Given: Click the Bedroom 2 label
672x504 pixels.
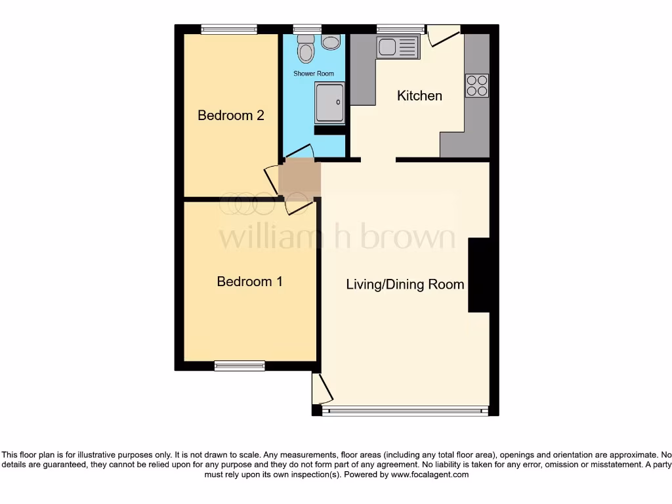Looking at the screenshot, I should click(x=231, y=115).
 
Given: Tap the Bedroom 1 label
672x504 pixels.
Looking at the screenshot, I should click(x=249, y=282).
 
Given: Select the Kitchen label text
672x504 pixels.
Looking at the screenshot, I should click(x=419, y=96).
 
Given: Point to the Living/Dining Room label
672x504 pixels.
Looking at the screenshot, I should click(x=405, y=284).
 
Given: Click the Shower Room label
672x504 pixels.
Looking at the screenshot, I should click(x=313, y=73).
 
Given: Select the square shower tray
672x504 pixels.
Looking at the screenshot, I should click(x=329, y=102).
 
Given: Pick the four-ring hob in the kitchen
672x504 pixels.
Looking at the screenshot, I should click(x=477, y=85).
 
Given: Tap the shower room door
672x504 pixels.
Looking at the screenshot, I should click(x=299, y=152).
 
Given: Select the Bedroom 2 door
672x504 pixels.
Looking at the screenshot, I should click(x=271, y=178).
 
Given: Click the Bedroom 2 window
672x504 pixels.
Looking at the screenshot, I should click(x=229, y=29).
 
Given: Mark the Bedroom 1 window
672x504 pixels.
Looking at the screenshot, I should click(x=240, y=366).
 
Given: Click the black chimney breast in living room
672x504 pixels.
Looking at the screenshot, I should click(x=478, y=275).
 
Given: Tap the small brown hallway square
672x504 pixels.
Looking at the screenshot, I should click(x=299, y=178).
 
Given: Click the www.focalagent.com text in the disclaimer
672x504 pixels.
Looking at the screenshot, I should click(x=429, y=474).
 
